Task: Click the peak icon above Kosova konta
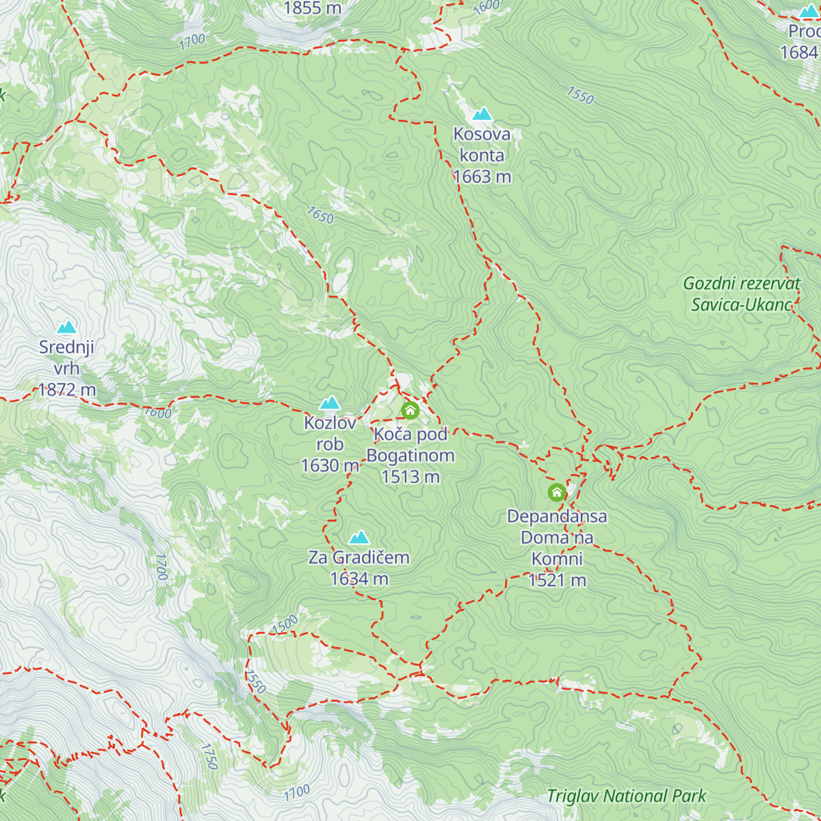pos(482,114)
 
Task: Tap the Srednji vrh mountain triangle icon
pos(66,327)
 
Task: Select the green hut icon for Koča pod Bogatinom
pos(410,410)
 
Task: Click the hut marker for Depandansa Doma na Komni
pos(557,492)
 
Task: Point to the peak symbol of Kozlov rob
pos(330,402)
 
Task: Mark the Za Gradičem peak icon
pos(359,537)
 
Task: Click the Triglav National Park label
pos(626,796)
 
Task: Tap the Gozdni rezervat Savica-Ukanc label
pos(742,294)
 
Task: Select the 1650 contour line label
pos(320,216)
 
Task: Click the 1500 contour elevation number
pos(285,624)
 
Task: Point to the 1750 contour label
pos(209,757)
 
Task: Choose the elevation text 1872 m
pos(66,390)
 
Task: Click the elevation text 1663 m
pos(482,177)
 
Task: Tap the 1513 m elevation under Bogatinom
pos(410,477)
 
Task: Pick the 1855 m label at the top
pos(312,8)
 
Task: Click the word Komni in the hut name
pos(557,559)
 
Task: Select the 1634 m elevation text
pos(359,579)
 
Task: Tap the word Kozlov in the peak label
pos(330,423)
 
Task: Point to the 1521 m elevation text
pos(557,580)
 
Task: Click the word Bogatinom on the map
pos(410,456)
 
